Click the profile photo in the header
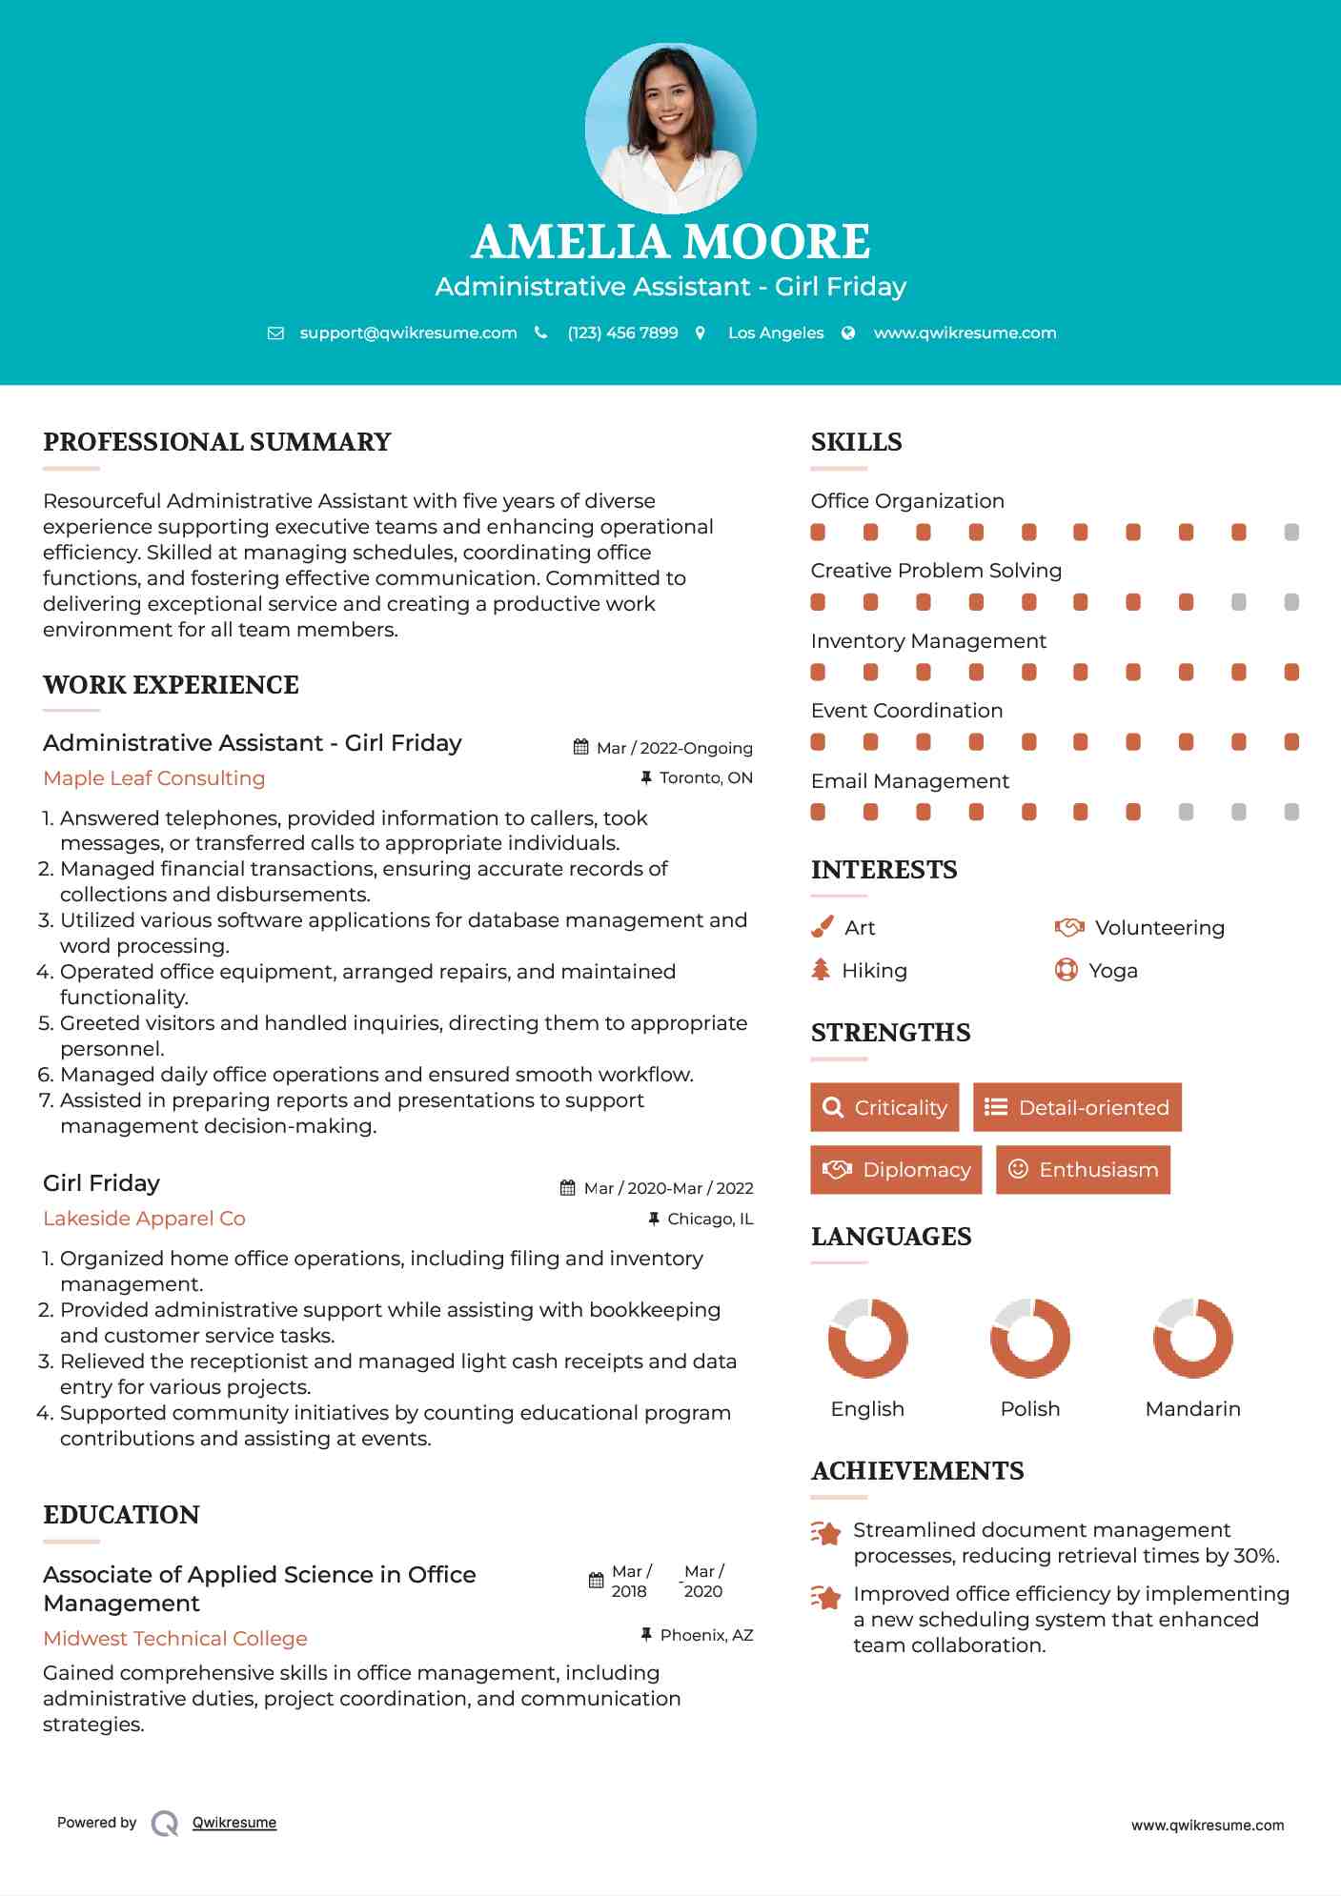tap(670, 129)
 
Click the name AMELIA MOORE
tap(670, 242)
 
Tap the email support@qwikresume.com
tap(408, 333)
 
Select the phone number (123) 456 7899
tap(622, 333)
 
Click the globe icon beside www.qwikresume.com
tap(848, 333)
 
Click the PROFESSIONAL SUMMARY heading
tap(217, 442)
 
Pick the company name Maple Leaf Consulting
tap(154, 778)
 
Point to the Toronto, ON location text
tap(705, 778)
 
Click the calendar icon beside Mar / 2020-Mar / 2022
tap(568, 1188)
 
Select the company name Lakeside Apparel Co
tap(144, 1219)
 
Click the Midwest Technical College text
tap(175, 1639)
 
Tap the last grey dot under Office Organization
tap(1291, 533)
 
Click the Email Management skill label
tap(909, 781)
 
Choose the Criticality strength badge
tap(884, 1107)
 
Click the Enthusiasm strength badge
tap(1083, 1170)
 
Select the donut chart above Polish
tap(1030, 1338)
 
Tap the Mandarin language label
tap(1192, 1409)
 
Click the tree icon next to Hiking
tap(821, 970)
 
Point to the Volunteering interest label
tap(1159, 928)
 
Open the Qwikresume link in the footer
tap(234, 1823)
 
